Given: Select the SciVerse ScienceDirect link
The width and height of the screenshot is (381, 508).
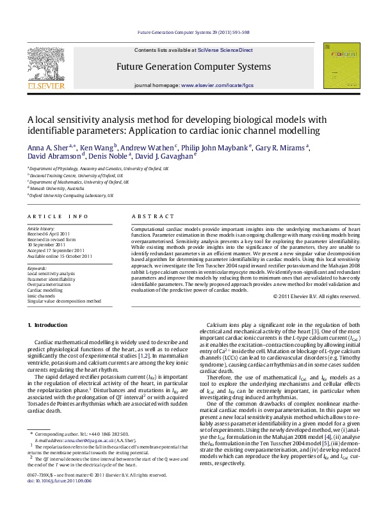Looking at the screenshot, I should coord(225,50).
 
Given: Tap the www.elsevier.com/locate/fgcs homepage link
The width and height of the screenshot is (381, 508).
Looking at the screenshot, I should coord(218,85).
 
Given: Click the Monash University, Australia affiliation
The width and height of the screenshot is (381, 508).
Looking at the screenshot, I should coord(56,189).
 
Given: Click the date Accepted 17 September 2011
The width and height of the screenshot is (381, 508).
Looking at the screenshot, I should coord(56,250).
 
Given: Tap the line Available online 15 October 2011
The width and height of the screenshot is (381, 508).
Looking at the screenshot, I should coord(60,256).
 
